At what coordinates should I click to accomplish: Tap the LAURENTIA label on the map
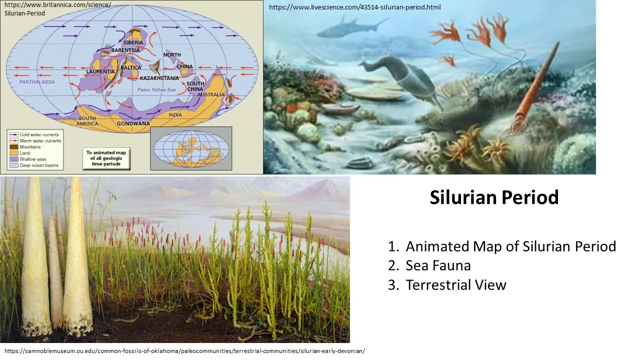(x=101, y=72)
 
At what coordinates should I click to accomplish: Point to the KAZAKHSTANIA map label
(x=159, y=78)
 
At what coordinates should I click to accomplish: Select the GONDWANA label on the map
(x=133, y=123)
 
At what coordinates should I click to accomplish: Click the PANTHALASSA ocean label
(x=37, y=81)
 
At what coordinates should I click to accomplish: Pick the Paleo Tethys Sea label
(x=156, y=89)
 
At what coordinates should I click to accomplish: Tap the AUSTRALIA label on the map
(x=210, y=94)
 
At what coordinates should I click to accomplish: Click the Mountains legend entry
(x=30, y=147)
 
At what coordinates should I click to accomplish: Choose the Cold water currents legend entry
(x=39, y=135)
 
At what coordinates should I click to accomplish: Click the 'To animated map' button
(x=106, y=158)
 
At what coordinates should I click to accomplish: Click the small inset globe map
(x=191, y=148)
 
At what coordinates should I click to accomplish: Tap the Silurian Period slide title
(x=494, y=198)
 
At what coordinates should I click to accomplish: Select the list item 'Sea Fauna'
(x=438, y=265)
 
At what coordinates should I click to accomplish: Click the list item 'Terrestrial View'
(x=455, y=285)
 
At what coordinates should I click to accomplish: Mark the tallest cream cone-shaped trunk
(x=77, y=255)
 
